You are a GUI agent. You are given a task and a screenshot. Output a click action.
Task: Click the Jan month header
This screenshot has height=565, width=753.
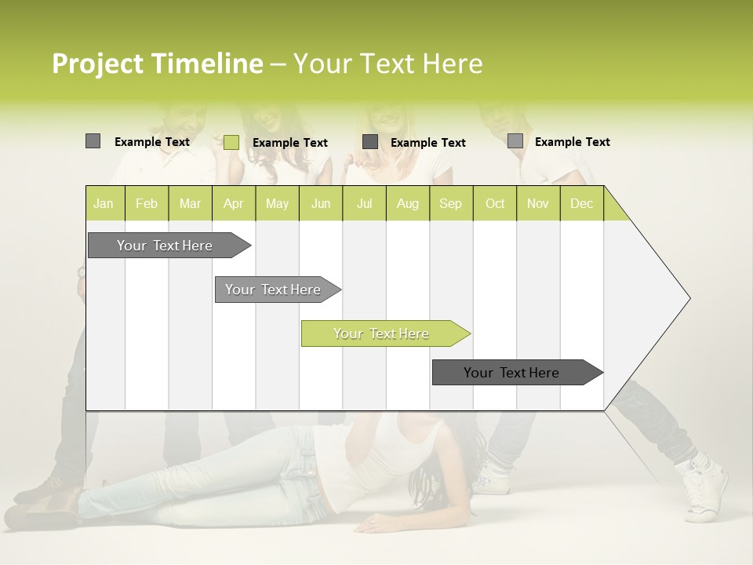tap(104, 203)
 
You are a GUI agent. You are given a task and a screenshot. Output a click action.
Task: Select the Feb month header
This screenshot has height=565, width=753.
tap(147, 203)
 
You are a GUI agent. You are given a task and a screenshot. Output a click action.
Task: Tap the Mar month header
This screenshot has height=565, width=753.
tap(190, 203)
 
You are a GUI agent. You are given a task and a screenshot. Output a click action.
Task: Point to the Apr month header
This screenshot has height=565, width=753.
tap(233, 203)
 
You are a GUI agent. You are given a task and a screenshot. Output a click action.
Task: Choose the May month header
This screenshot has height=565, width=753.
tap(277, 203)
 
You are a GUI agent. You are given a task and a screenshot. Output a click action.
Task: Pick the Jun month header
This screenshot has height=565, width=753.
tap(321, 203)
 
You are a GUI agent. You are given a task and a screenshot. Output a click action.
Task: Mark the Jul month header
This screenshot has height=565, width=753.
tap(364, 203)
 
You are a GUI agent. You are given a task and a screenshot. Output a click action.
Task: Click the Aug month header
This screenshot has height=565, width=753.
tap(407, 203)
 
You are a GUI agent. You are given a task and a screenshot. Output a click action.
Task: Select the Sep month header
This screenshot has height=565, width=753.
tap(450, 203)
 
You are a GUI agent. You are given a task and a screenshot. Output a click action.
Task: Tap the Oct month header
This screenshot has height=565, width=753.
tap(495, 203)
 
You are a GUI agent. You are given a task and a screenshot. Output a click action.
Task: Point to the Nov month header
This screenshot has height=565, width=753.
tap(538, 203)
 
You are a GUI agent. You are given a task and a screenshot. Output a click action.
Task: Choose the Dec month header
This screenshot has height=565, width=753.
tap(581, 203)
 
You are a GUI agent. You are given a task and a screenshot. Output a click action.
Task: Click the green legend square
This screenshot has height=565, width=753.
tap(231, 142)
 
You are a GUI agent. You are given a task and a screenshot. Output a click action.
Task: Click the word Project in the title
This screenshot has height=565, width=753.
tap(98, 64)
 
